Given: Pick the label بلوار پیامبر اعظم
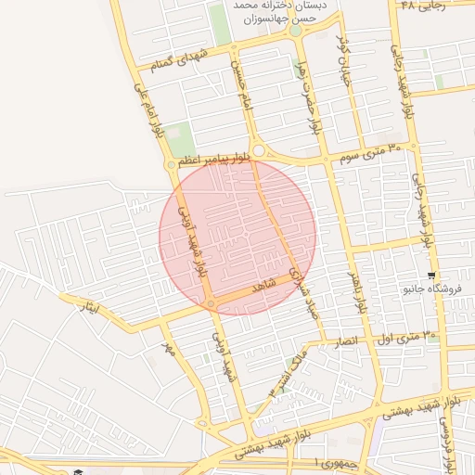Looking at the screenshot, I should click(x=215, y=160).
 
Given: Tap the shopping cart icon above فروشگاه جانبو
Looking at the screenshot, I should click(x=430, y=276).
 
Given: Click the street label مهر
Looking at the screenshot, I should click(x=168, y=351).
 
